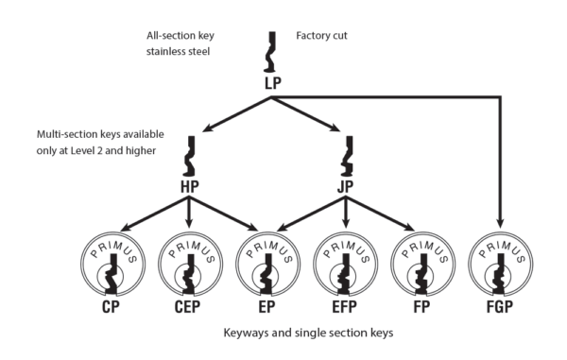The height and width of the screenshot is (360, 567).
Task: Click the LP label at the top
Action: [x=273, y=84]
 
